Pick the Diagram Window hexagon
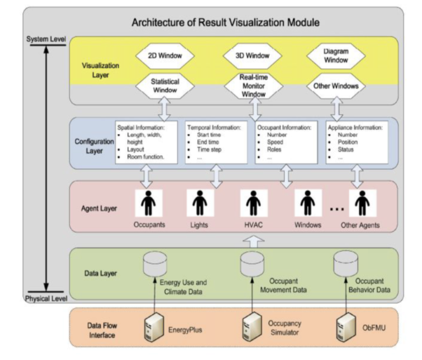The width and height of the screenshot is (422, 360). (336, 57)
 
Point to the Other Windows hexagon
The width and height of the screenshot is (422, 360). (336, 86)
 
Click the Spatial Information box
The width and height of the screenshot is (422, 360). (147, 142)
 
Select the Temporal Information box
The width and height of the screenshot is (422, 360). (215, 142)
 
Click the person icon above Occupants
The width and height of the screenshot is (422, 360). (147, 203)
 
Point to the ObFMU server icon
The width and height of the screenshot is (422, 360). (345, 329)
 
